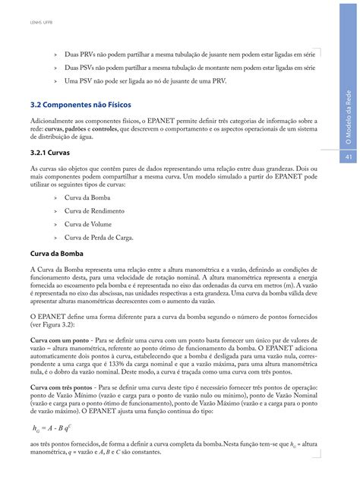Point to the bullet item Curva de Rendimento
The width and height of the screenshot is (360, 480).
click(x=96, y=210)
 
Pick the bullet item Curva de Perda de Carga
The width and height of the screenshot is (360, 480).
click(x=99, y=238)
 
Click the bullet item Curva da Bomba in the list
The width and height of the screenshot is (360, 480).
click(x=89, y=196)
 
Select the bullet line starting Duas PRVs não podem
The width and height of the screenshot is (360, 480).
click(x=191, y=55)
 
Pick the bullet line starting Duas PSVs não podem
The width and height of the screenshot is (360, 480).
click(x=190, y=67)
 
